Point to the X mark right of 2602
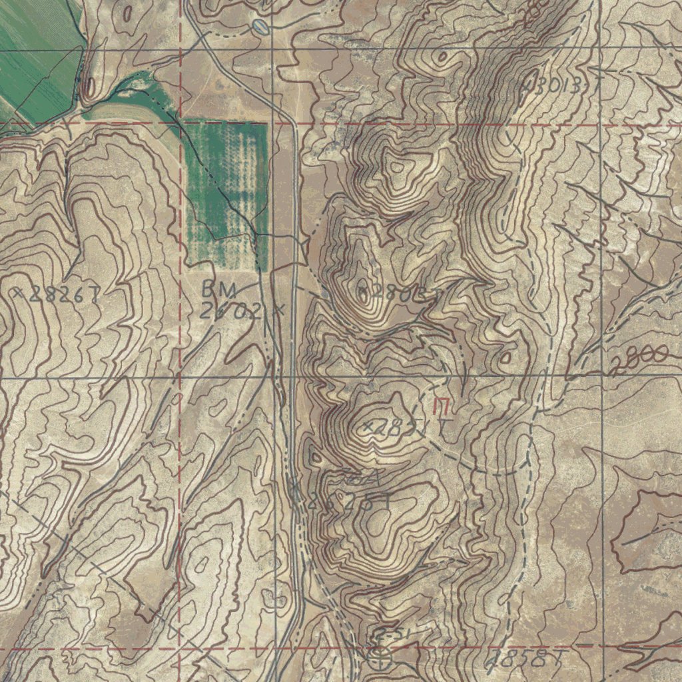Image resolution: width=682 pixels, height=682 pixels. point(280,309)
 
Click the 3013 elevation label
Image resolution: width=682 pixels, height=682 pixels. point(562,86)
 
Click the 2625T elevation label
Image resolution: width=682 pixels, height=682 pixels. point(346,503)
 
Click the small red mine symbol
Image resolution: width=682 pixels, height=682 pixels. point(441,405)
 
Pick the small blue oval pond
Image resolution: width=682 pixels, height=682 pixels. point(259,26)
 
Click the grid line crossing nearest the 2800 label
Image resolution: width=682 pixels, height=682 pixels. point(601,374)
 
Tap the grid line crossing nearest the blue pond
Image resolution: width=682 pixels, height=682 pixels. point(273,49)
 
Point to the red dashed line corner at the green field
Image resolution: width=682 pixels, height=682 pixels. point(181,124)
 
